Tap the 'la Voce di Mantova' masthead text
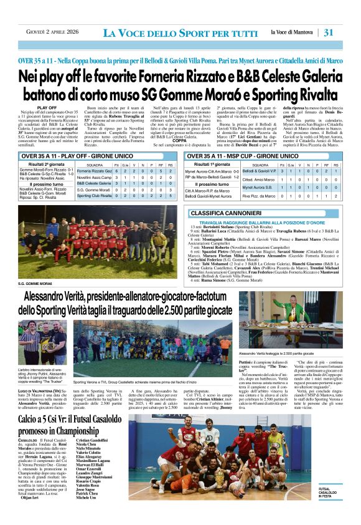point(293,32)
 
